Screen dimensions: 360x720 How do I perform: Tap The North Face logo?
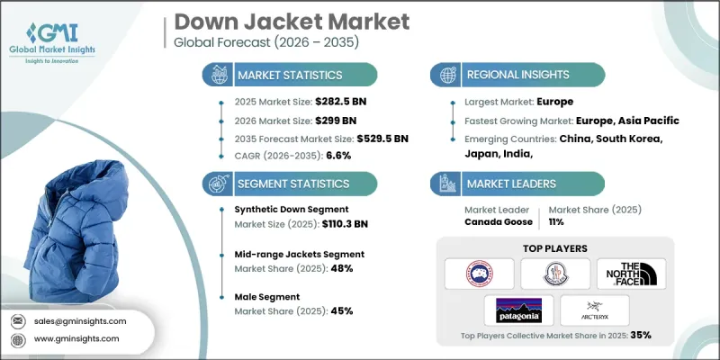click(x=634, y=272)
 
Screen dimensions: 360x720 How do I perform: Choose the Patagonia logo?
click(x=518, y=310)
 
